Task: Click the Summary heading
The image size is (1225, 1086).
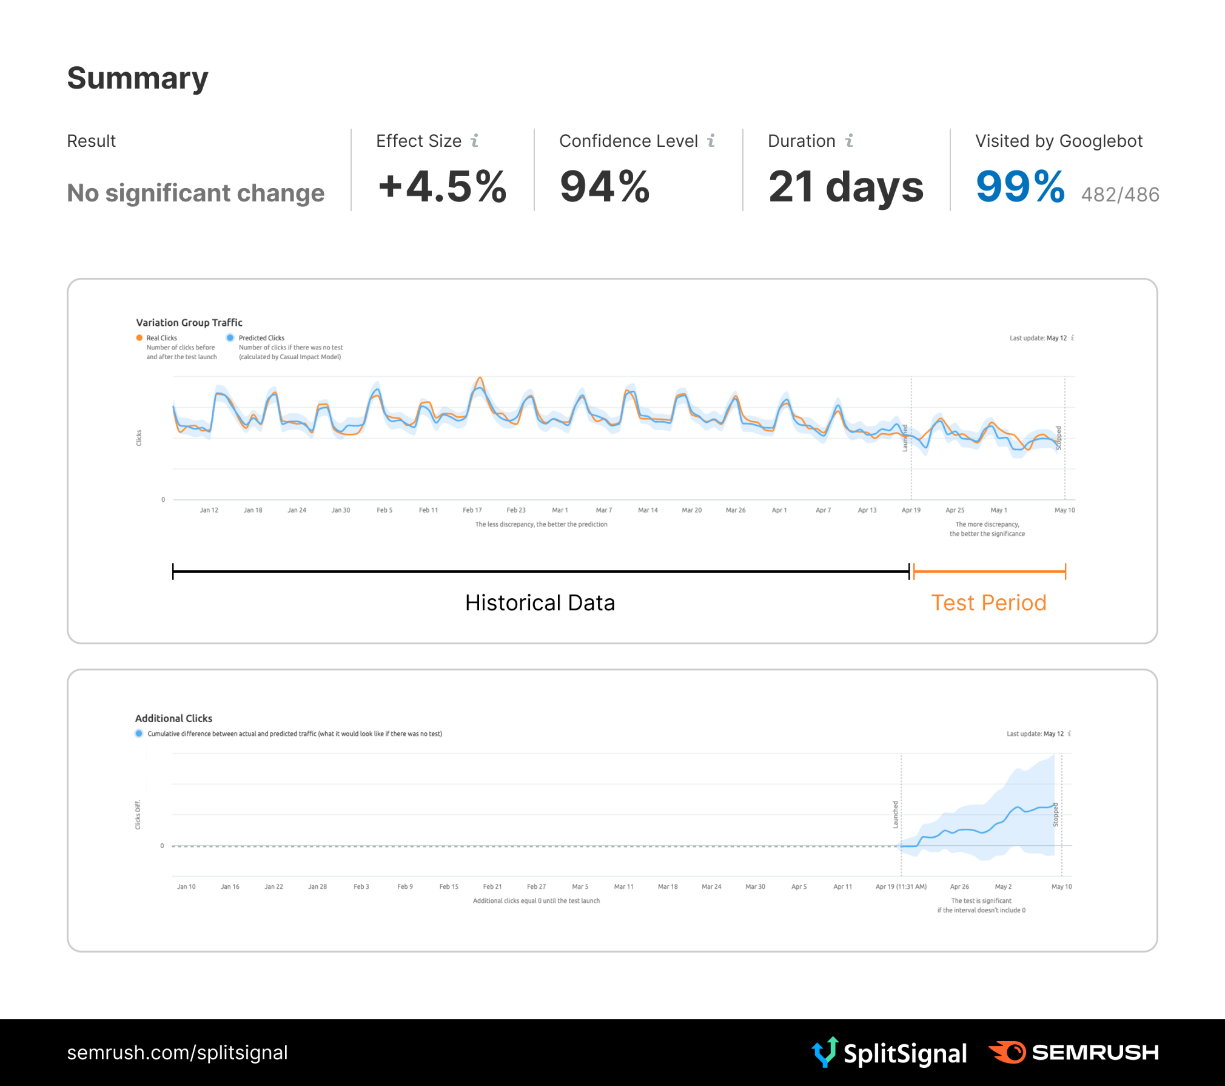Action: (x=138, y=78)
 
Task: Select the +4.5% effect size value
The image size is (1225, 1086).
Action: (x=442, y=186)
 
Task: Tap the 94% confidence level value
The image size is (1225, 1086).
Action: (x=605, y=186)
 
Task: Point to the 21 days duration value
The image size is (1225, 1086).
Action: (x=845, y=186)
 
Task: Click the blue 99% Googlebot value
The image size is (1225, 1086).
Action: (x=1020, y=186)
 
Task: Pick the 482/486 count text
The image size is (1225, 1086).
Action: (x=1120, y=195)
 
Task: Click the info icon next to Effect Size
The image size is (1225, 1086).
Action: (x=475, y=141)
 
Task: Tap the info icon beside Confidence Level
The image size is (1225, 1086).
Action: (x=711, y=141)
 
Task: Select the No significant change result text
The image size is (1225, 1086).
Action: (x=196, y=193)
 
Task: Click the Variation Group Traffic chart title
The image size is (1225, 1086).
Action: (x=189, y=323)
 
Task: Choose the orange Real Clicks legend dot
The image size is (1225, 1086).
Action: (x=139, y=338)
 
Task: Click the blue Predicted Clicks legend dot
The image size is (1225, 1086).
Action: (x=230, y=338)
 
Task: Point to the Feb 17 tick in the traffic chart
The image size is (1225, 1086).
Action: (x=472, y=510)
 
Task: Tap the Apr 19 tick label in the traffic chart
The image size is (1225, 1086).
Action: (x=911, y=510)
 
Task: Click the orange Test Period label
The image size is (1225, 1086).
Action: (x=988, y=602)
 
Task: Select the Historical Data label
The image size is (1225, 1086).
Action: (x=540, y=602)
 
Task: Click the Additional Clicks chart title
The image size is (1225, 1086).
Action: (x=173, y=718)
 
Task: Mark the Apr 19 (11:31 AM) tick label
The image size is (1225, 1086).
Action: (x=901, y=887)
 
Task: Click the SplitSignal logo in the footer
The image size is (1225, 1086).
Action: (x=890, y=1053)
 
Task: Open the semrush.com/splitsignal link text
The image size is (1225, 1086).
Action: (x=177, y=1053)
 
